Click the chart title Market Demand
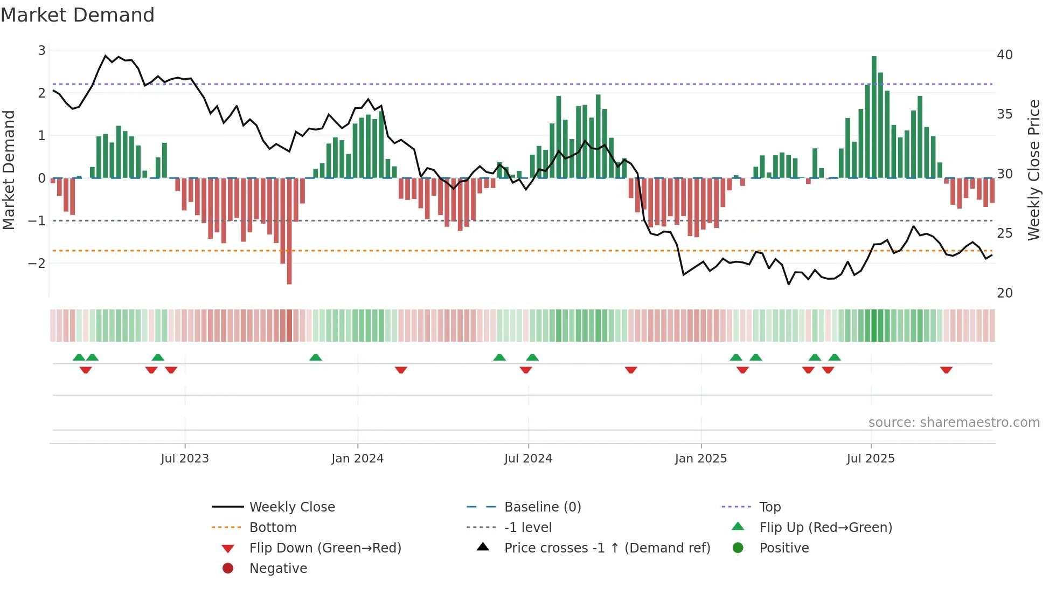click(x=78, y=15)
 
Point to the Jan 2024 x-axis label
click(x=357, y=459)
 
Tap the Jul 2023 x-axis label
click(x=185, y=459)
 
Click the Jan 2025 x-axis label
click(x=700, y=459)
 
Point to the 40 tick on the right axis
click(x=1004, y=55)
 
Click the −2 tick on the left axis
click(x=37, y=264)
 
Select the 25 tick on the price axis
click(x=1004, y=233)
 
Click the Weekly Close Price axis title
click(x=1033, y=170)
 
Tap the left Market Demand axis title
click(x=9, y=170)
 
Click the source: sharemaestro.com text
click(x=954, y=423)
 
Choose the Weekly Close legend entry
click(x=291, y=507)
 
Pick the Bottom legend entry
click(x=273, y=528)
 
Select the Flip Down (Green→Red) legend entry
click(x=325, y=548)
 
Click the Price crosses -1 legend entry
click(x=607, y=548)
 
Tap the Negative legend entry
click(x=278, y=569)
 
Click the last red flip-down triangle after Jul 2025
click(x=946, y=370)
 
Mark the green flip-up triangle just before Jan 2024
click(x=316, y=357)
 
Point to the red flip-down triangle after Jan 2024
click(x=401, y=370)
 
